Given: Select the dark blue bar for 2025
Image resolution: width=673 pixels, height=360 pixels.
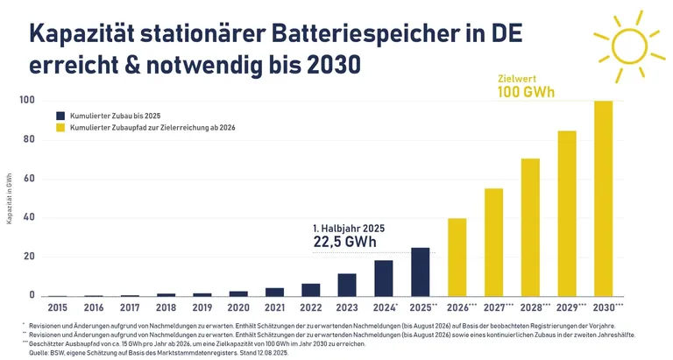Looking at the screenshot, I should [x=421, y=272].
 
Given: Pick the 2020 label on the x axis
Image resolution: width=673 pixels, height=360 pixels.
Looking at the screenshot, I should [x=238, y=308].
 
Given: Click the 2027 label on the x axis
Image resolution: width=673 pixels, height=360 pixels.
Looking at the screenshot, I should [x=495, y=308].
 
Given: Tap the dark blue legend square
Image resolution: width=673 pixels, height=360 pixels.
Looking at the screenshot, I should [x=60, y=116].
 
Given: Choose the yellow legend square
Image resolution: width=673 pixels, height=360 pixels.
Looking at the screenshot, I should [x=60, y=129].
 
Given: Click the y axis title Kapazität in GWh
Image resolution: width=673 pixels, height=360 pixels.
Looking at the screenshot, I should [x=9, y=198].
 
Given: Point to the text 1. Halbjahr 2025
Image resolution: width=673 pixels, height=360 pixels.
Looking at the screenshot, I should [x=349, y=228].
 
